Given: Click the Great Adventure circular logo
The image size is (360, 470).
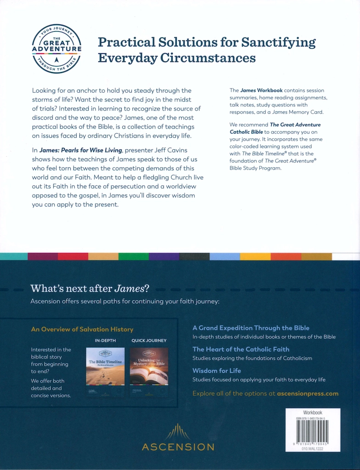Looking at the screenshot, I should (x=56, y=49).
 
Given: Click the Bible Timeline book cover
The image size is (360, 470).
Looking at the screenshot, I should (x=105, y=366).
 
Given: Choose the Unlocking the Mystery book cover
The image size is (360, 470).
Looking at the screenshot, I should (x=149, y=366).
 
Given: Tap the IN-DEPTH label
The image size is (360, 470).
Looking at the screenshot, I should (x=105, y=341).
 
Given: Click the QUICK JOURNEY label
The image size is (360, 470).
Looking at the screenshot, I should (x=149, y=341).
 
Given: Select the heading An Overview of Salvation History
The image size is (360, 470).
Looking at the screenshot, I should (x=82, y=329).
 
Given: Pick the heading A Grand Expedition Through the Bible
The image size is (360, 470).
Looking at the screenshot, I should (x=251, y=328).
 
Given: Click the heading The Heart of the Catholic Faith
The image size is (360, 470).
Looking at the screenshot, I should (x=241, y=349).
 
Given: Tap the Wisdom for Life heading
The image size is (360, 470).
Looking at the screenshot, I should (x=217, y=370).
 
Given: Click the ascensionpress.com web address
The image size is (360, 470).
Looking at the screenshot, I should (x=308, y=393).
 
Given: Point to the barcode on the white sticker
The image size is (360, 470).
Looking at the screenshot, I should (x=312, y=431).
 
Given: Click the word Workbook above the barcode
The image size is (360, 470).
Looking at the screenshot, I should (x=313, y=413).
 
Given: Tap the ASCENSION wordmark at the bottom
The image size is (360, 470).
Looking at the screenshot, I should (x=178, y=447).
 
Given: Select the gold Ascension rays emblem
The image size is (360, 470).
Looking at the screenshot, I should (x=178, y=432).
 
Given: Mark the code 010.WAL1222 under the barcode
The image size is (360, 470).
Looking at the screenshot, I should (x=313, y=448).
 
